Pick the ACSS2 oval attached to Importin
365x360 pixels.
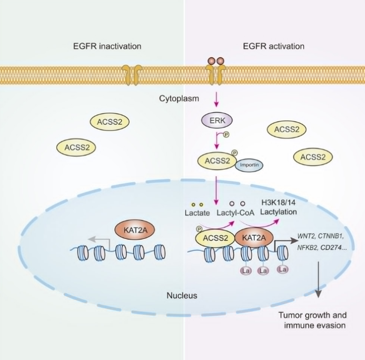(x=216, y=160)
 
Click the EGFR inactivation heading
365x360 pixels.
(x=107, y=46)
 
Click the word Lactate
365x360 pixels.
(x=198, y=213)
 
